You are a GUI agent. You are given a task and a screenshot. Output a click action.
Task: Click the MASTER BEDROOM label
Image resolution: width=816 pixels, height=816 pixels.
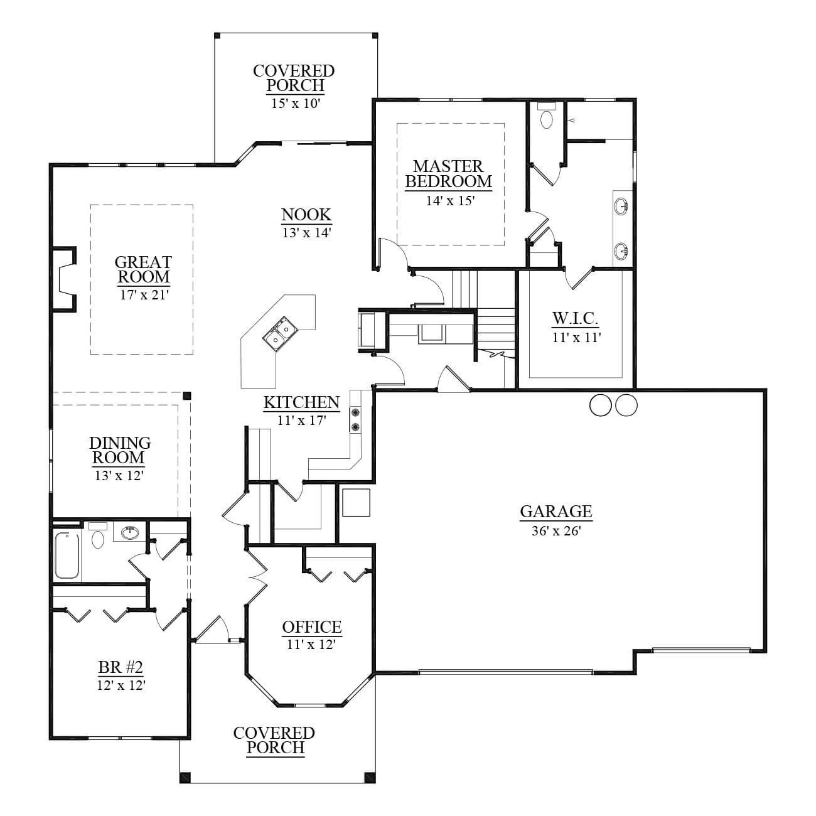448,174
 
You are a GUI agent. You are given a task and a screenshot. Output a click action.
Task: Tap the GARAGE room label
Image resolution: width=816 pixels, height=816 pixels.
556,512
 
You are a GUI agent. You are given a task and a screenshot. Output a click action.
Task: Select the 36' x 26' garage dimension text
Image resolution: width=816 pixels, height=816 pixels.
556,530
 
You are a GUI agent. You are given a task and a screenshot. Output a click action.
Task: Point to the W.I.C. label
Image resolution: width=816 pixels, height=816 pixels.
575,318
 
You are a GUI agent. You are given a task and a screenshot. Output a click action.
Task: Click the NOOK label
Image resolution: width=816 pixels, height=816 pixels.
306,215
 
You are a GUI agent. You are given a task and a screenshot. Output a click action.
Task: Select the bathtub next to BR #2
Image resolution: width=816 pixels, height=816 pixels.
67,556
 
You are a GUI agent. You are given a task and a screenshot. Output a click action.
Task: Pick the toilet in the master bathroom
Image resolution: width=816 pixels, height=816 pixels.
547,116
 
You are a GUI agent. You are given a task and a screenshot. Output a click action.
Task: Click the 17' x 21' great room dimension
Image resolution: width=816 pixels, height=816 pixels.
144,295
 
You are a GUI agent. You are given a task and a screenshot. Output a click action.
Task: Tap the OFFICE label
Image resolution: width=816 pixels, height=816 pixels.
312,627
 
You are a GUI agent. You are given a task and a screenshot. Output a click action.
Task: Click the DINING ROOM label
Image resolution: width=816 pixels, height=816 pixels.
120,450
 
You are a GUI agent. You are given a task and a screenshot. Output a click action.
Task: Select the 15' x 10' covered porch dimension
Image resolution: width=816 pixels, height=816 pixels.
295,103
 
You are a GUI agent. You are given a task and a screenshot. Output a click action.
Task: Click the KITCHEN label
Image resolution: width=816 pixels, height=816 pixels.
301,402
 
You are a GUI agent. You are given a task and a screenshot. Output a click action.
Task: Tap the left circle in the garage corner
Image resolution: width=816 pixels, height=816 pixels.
601,405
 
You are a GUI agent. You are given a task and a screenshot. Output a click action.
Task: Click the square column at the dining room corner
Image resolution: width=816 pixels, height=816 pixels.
187,396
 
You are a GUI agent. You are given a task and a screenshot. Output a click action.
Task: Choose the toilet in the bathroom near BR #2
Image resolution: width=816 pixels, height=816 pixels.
98,535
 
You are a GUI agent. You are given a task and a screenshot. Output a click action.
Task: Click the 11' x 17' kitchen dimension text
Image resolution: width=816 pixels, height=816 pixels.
301,421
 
